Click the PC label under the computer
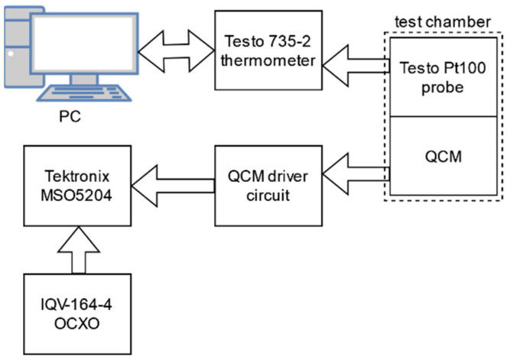pyautogui.click(x=69, y=120)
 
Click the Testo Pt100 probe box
pyautogui.click(x=434, y=76)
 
